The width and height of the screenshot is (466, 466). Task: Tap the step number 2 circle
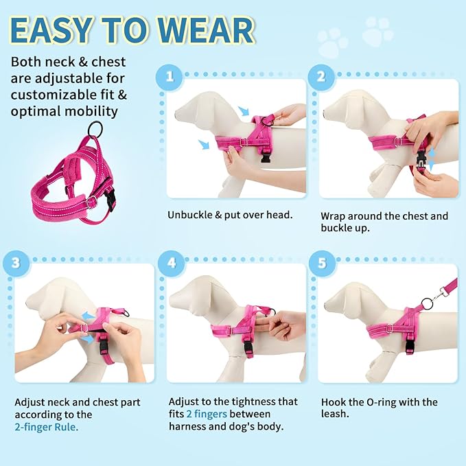coord(320,75)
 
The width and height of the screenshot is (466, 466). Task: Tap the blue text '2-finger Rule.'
coord(47,427)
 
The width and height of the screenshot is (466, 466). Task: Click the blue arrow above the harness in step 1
coord(244,110)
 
